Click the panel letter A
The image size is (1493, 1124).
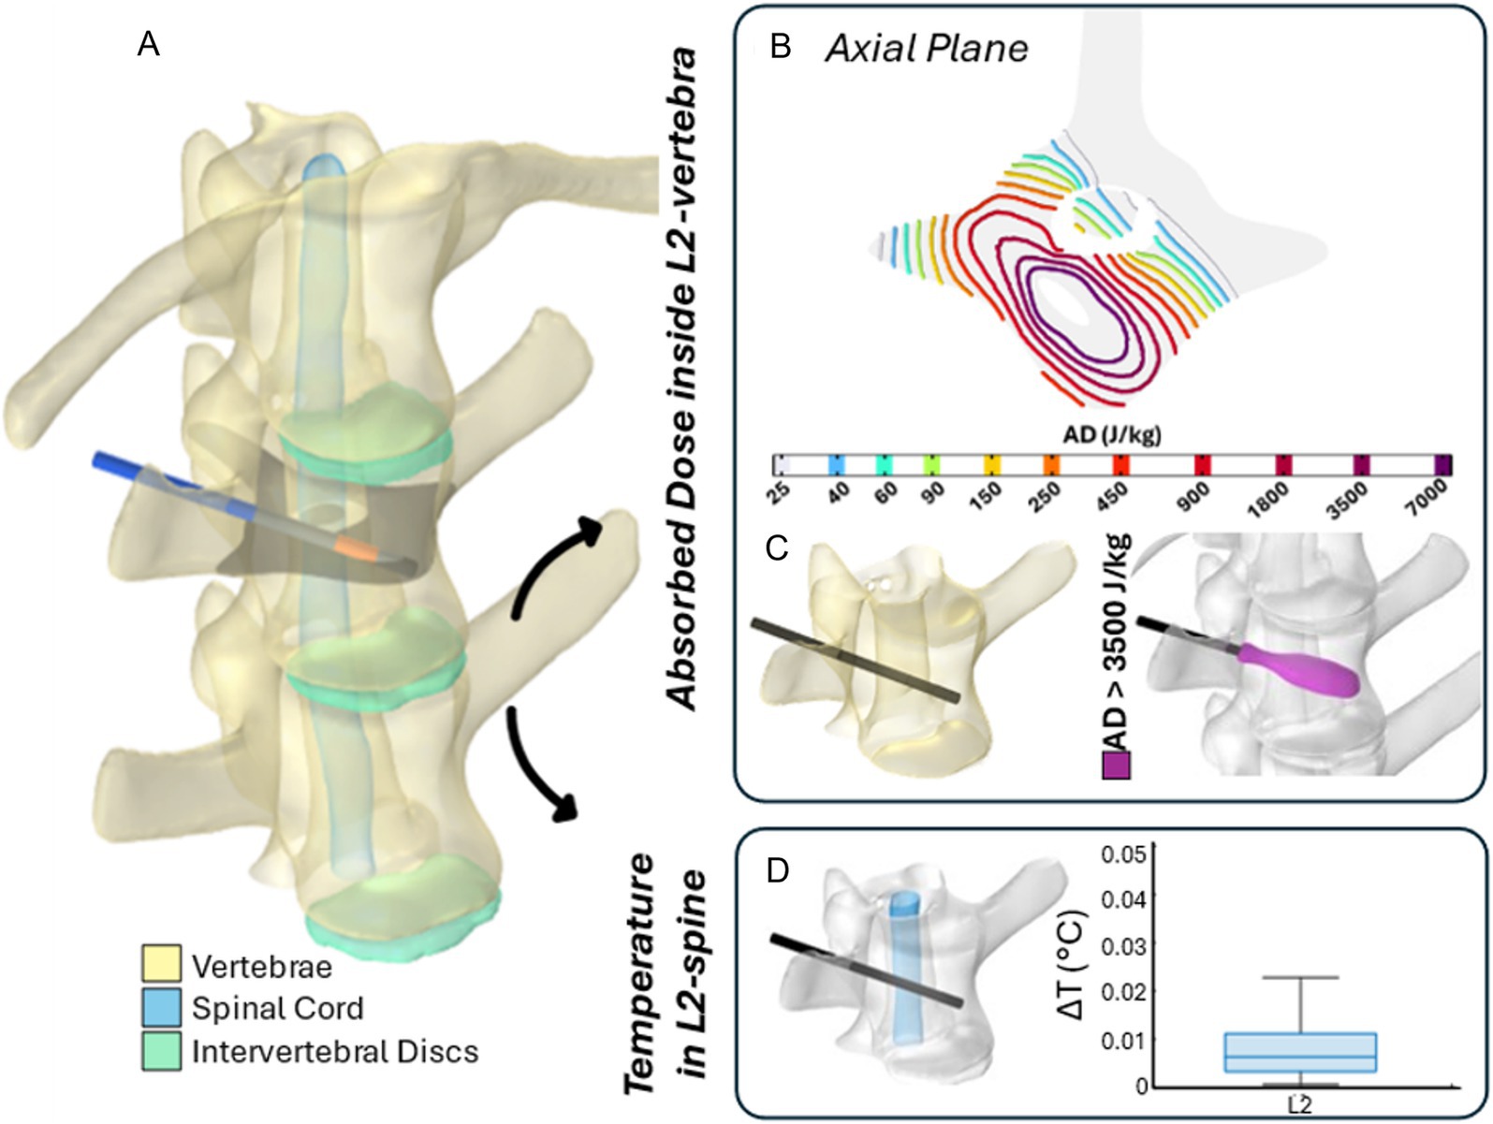point(149,43)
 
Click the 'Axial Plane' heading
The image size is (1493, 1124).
point(926,48)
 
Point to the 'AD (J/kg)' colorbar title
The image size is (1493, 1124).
point(1112,435)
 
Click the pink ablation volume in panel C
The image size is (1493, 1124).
point(1301,665)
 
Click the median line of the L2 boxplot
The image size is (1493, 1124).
point(1301,1057)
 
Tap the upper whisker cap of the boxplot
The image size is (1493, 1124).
point(1301,977)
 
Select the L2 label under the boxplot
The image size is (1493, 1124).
point(1300,1104)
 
